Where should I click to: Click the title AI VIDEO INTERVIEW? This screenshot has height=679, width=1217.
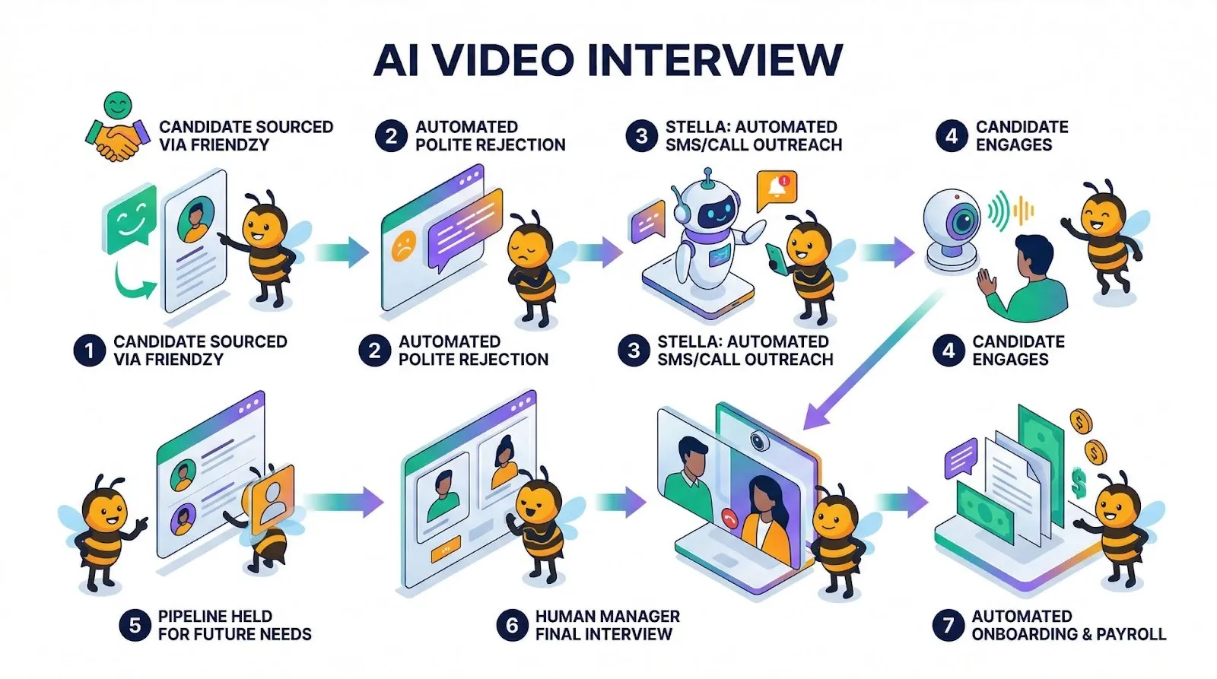(608, 59)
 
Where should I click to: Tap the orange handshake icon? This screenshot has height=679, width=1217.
(116, 141)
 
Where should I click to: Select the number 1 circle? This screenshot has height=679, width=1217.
(89, 351)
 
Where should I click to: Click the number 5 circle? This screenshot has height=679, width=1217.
(134, 625)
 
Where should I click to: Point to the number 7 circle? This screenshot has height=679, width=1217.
(948, 625)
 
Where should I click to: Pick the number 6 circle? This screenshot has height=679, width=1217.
(512, 625)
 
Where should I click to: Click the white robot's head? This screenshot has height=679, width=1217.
(708, 205)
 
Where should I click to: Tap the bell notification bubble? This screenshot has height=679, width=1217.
(777, 188)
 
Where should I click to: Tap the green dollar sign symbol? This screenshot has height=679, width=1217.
(1079, 482)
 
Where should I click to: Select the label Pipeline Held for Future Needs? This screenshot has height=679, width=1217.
(234, 625)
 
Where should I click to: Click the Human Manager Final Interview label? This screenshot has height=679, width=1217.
(607, 625)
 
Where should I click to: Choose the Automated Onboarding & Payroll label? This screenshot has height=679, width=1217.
(1068, 625)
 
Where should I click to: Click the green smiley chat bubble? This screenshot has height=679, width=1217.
(130, 219)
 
